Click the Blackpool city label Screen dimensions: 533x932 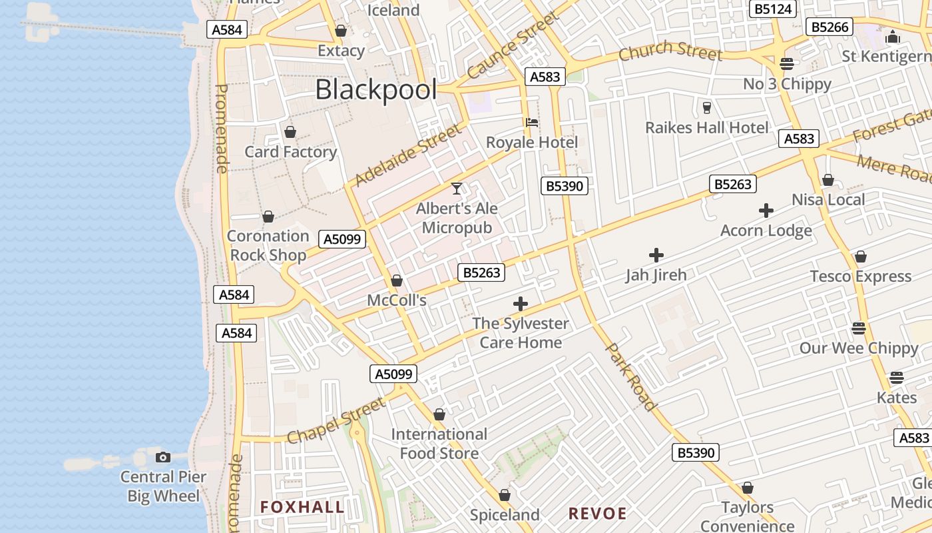(375, 90)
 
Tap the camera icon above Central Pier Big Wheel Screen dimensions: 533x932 (163, 457)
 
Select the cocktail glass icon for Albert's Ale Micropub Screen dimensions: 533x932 (457, 189)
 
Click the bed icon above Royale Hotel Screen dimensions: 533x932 (531, 123)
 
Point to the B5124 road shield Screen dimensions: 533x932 (772, 9)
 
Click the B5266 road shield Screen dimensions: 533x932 (829, 27)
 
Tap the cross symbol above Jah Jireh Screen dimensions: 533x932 (656, 255)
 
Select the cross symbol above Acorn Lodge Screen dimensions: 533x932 (766, 211)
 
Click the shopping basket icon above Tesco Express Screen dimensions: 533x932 (860, 257)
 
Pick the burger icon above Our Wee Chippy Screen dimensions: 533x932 (859, 328)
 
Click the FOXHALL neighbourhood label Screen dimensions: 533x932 (302, 507)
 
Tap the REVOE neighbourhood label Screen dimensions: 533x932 (597, 514)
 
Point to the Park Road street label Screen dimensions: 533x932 (630, 376)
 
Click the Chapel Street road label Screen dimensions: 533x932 (336, 420)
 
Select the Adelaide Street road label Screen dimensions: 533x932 (407, 155)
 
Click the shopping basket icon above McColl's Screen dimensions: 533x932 (397, 280)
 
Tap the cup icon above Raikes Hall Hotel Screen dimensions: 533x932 (707, 107)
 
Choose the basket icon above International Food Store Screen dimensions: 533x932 (439, 414)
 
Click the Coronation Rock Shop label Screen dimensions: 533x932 (268, 245)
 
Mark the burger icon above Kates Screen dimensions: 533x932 (896, 378)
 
